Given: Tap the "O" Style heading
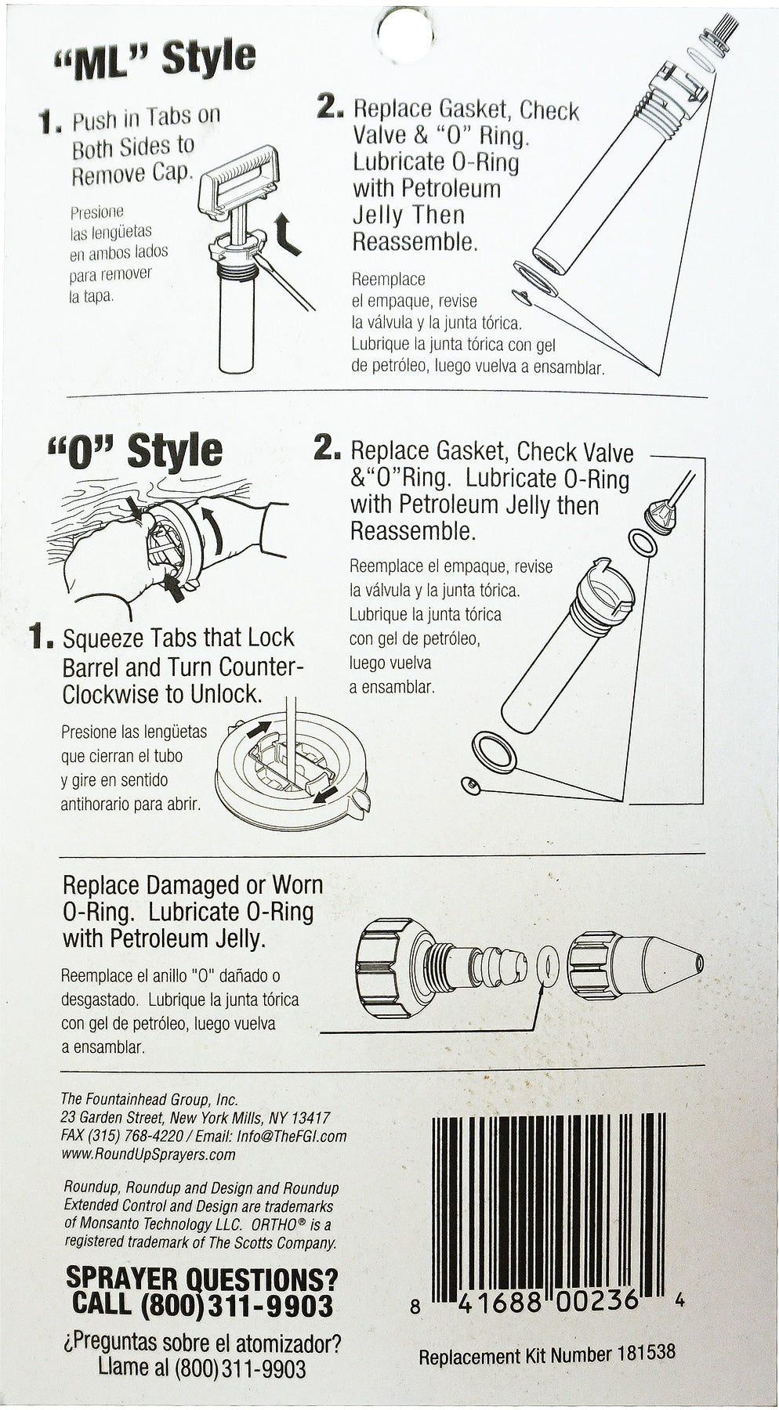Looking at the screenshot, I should coord(135,452).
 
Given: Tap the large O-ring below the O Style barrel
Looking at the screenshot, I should coord(495,753).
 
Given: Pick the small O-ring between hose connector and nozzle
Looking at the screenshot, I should coord(549,965).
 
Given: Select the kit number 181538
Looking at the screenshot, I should coord(645,1352).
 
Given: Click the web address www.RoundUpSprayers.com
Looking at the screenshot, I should coord(148,1155).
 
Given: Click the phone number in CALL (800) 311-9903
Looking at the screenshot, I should coord(237,1306).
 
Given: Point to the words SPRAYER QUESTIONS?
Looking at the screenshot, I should coord(201,1279).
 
